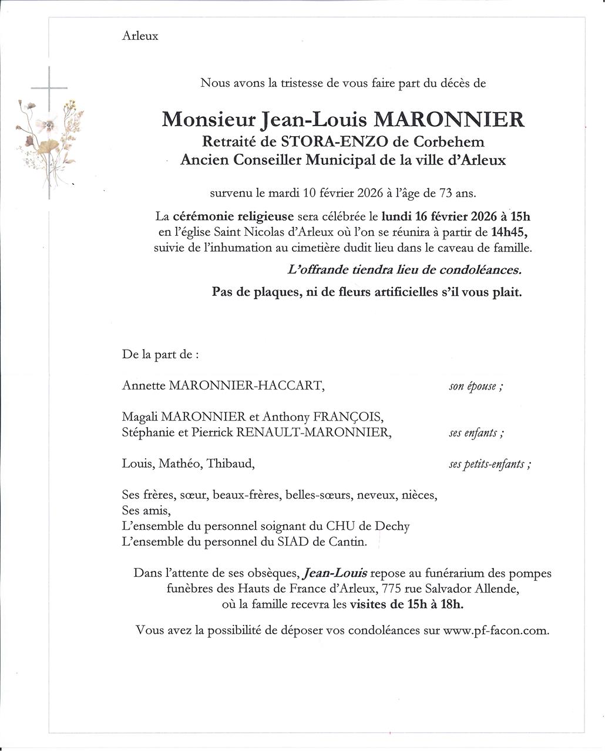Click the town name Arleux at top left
click(140, 36)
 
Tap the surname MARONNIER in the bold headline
click(449, 119)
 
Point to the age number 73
click(440, 192)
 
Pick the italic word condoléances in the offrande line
click(483, 270)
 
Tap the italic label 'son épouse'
click(475, 386)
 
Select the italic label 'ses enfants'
click(476, 434)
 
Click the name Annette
click(143, 385)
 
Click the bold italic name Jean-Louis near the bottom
click(336, 573)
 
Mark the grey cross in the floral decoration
click(49, 89)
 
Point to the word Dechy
click(391, 526)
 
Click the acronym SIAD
click(293, 542)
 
